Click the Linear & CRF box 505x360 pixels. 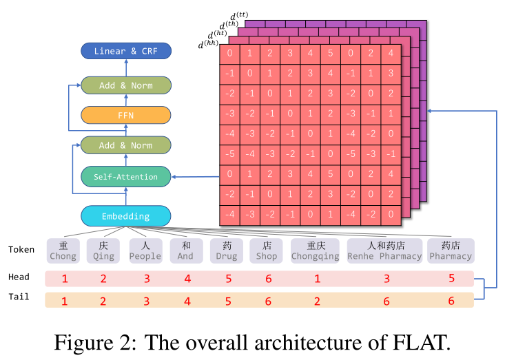click(x=126, y=51)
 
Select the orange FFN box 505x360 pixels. click(x=126, y=115)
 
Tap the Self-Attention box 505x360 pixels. click(x=126, y=177)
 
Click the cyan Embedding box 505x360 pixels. click(x=126, y=216)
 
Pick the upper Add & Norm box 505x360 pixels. click(x=126, y=85)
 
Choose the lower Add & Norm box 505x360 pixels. click(x=126, y=145)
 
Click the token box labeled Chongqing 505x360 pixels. click(x=315, y=251)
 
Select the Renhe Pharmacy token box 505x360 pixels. click(x=384, y=251)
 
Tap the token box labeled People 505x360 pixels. click(x=145, y=251)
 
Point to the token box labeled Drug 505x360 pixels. click(x=227, y=251)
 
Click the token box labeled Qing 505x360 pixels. click(x=103, y=251)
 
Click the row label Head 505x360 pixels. click(x=19, y=277)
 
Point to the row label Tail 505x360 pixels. click(x=19, y=297)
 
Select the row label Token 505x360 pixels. click(x=21, y=250)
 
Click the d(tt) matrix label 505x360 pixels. click(x=239, y=16)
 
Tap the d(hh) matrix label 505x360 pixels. click(x=208, y=44)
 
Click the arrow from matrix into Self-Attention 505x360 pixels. click(x=196, y=177)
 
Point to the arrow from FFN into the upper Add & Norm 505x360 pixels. click(x=126, y=100)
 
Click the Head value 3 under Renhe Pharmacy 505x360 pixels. click(x=387, y=279)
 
